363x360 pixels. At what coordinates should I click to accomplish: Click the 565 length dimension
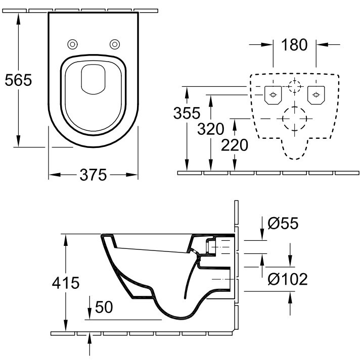(x=18, y=80)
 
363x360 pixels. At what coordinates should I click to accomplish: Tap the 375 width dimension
(x=93, y=175)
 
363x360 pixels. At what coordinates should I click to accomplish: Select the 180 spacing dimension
(x=294, y=44)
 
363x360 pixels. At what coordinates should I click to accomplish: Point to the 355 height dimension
(x=187, y=113)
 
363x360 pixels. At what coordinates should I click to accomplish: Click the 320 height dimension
(x=211, y=129)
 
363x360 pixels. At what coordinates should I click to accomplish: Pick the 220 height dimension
(x=235, y=145)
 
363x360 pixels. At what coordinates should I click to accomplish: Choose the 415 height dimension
(x=66, y=283)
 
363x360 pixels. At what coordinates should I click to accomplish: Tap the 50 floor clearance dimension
(x=104, y=307)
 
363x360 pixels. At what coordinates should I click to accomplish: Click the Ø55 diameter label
(x=283, y=223)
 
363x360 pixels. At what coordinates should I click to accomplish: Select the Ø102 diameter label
(x=288, y=279)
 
